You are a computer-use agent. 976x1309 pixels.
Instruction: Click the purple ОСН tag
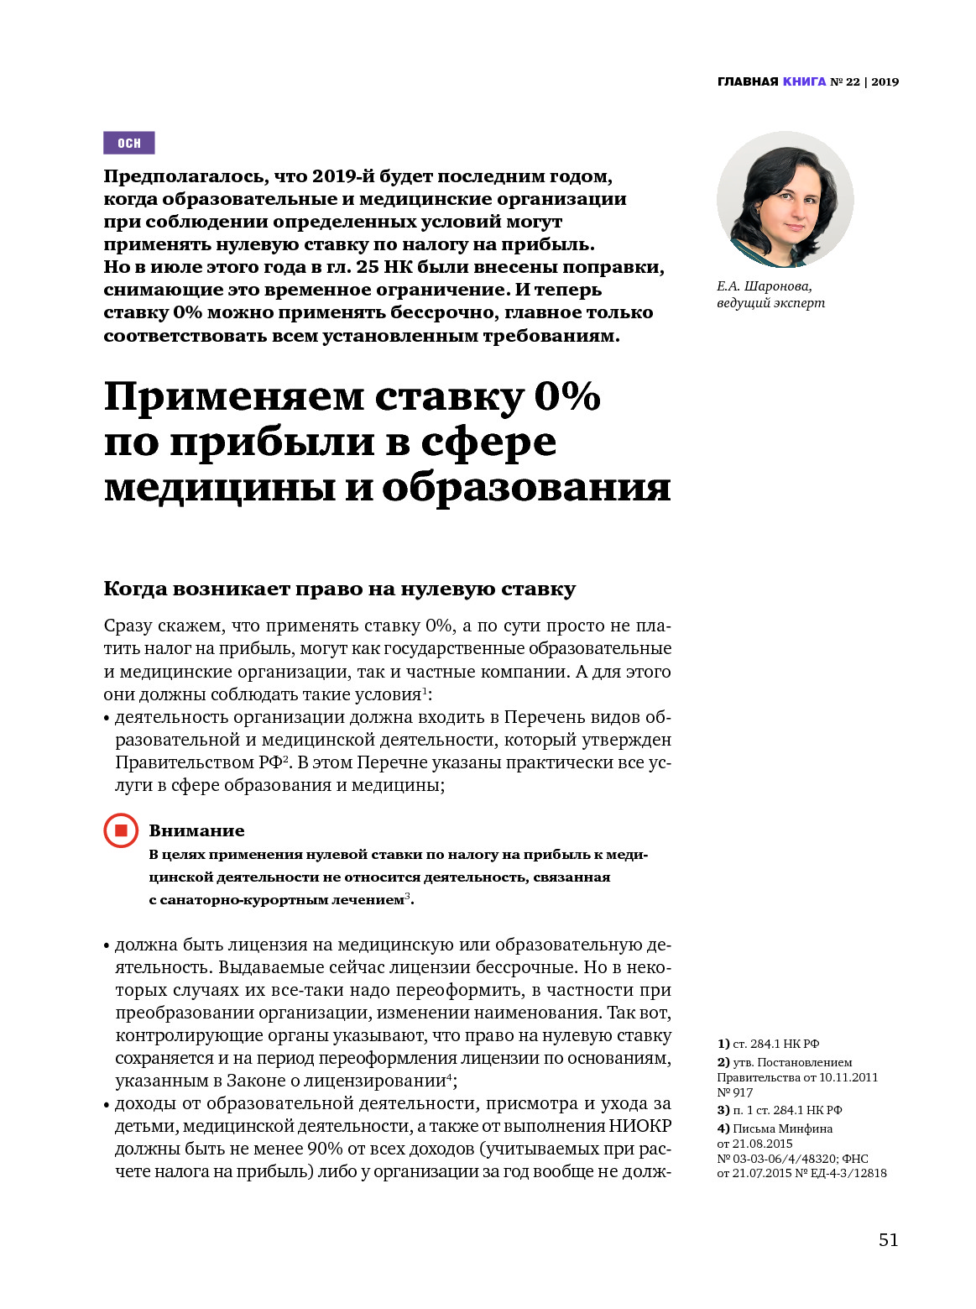128,143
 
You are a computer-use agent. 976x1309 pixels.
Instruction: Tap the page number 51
888,1240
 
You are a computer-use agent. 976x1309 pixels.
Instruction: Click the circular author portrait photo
785,200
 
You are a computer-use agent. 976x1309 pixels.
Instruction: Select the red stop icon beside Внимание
121,830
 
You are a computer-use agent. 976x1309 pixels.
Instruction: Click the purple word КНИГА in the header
804,81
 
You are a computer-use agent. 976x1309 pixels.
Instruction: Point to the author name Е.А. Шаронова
764,285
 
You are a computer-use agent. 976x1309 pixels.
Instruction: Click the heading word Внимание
196,830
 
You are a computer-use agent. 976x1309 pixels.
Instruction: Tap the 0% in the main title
567,396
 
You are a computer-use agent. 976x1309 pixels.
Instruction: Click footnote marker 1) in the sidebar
723,1044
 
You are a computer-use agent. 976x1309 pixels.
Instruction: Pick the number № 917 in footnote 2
735,1092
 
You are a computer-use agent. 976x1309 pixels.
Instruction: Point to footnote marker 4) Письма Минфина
723,1128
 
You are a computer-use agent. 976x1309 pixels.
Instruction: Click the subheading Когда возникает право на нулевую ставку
339,589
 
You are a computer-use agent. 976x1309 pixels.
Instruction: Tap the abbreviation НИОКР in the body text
639,1126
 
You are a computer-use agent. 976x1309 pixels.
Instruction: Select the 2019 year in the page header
885,81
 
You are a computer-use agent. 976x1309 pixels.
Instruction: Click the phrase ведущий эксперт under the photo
770,303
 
